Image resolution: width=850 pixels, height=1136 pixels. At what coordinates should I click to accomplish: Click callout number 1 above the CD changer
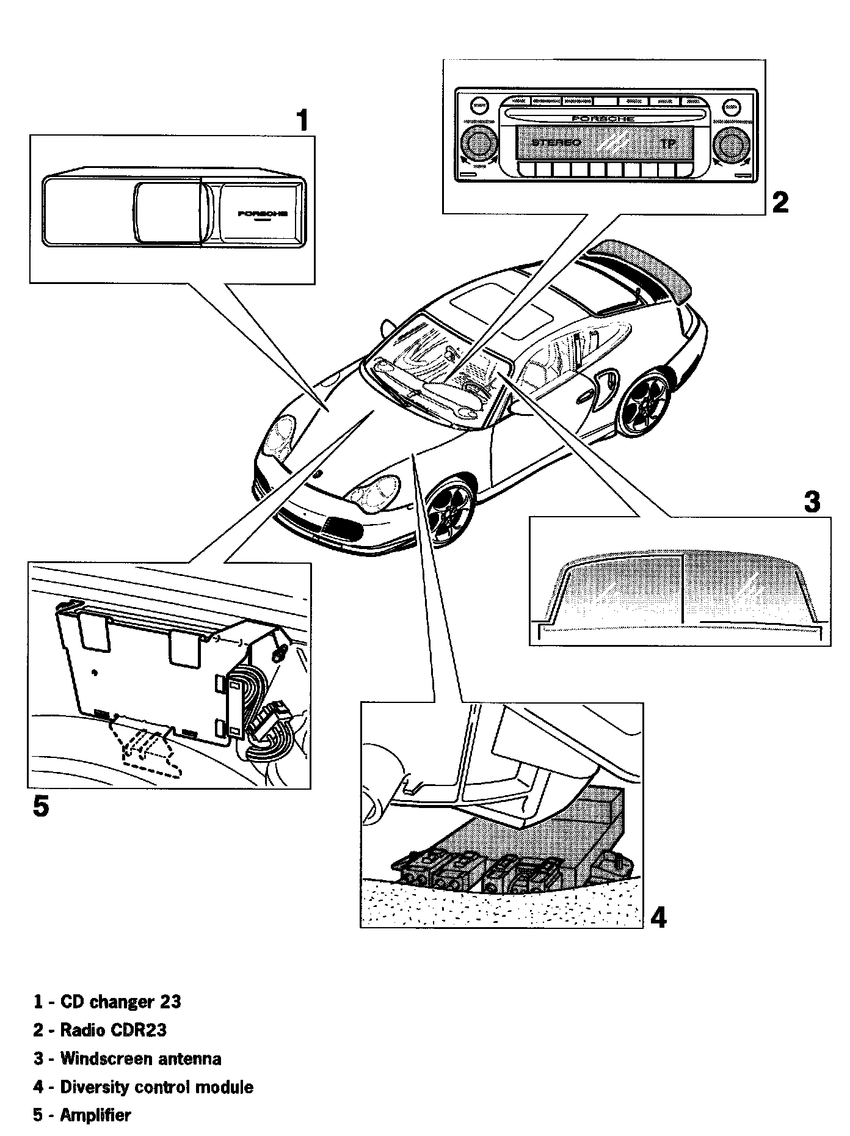pyautogui.click(x=302, y=120)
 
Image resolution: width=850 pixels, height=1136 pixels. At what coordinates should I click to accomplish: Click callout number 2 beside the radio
pyautogui.click(x=780, y=202)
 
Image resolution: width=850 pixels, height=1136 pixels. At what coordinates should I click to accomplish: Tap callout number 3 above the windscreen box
pyautogui.click(x=812, y=502)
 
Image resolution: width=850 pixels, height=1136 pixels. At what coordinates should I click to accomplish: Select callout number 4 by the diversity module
pyautogui.click(x=658, y=917)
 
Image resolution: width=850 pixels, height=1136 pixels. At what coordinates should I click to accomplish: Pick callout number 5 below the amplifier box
pyautogui.click(x=40, y=807)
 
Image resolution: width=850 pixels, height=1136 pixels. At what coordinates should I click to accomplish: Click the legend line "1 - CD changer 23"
pyautogui.click(x=107, y=1002)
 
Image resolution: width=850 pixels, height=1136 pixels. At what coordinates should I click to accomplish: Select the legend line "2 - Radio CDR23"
pyautogui.click(x=100, y=1030)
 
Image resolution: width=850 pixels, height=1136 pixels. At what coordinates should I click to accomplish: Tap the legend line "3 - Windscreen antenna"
pyautogui.click(x=128, y=1058)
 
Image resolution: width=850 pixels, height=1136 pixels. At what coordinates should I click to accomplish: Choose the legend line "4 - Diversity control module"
pyautogui.click(x=143, y=1087)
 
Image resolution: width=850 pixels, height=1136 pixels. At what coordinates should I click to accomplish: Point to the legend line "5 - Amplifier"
pyautogui.click(x=82, y=1115)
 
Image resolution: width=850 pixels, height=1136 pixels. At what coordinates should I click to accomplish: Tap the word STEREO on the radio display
pyautogui.click(x=556, y=143)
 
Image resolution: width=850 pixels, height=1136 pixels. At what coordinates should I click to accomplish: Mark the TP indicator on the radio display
pyautogui.click(x=669, y=144)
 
